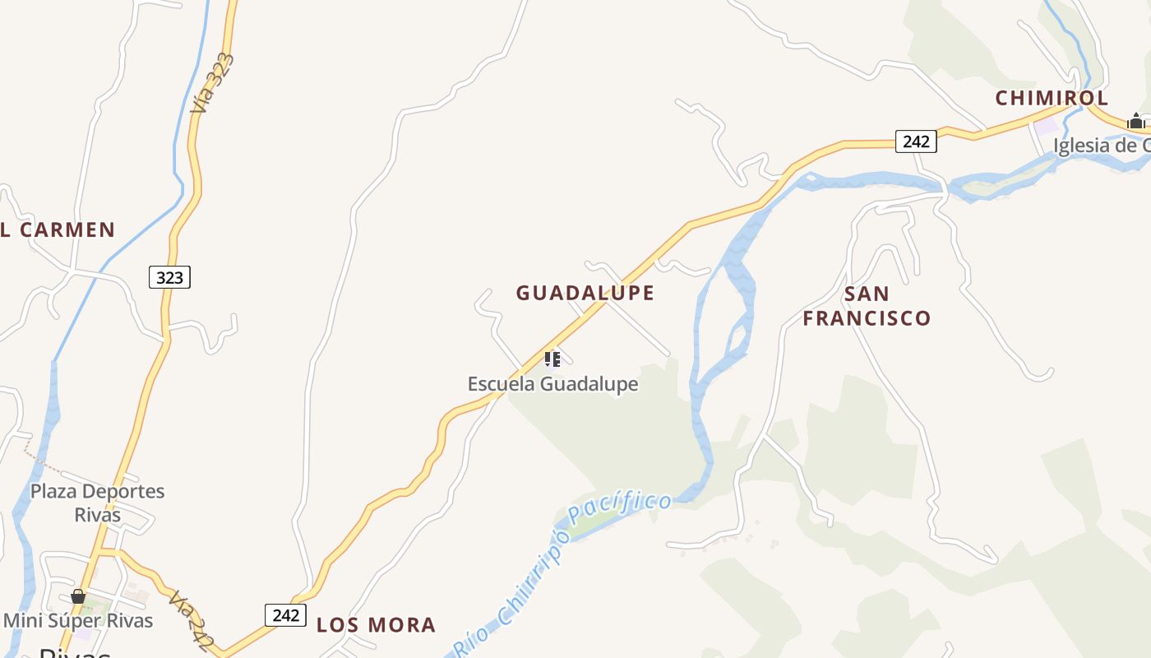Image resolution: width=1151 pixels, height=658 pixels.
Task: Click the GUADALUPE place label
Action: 585,293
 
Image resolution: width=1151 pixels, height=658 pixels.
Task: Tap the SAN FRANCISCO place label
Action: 867,306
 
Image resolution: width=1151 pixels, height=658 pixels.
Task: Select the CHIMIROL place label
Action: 1052,99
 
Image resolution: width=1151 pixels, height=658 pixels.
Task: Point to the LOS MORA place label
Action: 376,625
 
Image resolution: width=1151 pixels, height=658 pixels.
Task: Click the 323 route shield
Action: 169,277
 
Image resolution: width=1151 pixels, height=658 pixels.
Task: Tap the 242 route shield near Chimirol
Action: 916,141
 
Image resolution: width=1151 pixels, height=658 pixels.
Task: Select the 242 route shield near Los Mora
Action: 285,615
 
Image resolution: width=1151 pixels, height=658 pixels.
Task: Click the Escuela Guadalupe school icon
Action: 552,359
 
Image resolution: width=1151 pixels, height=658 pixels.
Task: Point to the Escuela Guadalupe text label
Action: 552,384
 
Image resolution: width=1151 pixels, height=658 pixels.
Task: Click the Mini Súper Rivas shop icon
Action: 78,596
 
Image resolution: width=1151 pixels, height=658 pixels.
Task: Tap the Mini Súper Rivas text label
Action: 78,619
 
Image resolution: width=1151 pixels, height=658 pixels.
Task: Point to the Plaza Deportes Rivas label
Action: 97,503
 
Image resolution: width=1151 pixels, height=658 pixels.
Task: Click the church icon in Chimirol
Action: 1136,122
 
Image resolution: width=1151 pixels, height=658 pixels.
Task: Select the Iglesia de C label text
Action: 1102,146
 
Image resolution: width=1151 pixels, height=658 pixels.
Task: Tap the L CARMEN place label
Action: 58,230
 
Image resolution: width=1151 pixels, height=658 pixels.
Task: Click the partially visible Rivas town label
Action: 74,652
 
